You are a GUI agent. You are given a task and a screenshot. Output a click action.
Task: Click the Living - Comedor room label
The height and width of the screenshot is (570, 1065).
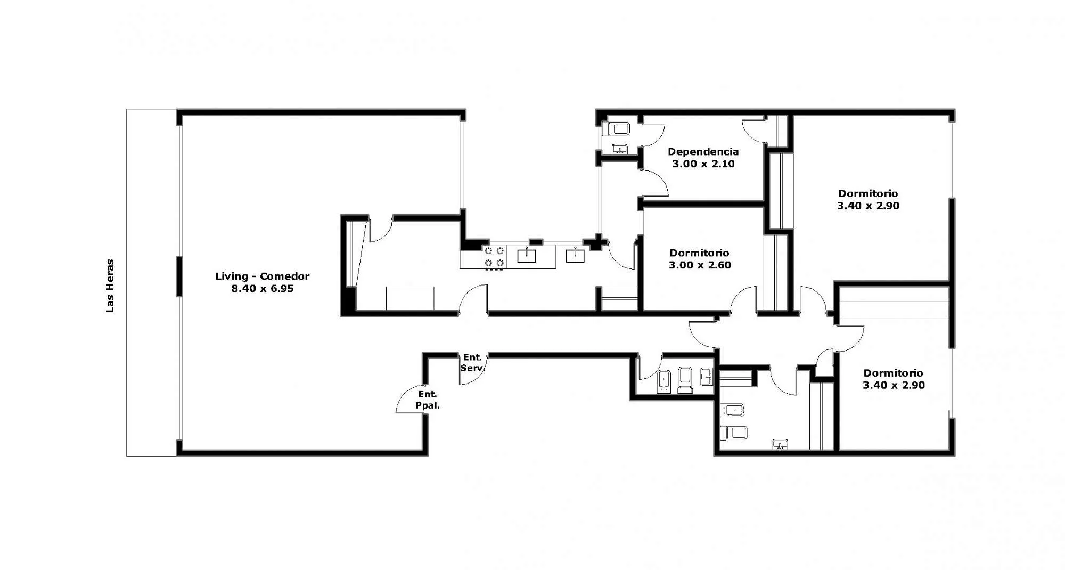(x=262, y=276)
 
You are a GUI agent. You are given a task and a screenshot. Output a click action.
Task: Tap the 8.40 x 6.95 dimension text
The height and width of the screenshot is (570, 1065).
(x=262, y=289)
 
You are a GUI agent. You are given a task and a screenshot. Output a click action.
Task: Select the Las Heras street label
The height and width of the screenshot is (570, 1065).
(x=110, y=286)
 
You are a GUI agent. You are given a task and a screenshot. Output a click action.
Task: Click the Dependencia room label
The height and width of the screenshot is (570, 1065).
(x=703, y=152)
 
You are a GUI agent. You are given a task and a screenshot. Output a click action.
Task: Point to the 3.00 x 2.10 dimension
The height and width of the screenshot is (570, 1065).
(x=703, y=164)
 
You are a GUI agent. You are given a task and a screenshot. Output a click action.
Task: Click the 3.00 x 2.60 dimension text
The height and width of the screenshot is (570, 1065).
(x=700, y=265)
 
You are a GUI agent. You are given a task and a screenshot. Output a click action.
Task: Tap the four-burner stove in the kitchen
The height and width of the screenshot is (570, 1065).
(x=494, y=257)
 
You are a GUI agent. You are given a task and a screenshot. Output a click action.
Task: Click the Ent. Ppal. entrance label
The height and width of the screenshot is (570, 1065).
(x=428, y=400)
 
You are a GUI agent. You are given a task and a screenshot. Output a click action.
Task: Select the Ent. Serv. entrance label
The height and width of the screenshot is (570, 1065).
(x=472, y=362)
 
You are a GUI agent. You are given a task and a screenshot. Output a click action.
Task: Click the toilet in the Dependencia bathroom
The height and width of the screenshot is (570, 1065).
(x=616, y=128)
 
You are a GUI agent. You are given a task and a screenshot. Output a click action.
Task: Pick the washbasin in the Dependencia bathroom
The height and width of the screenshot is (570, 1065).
(x=619, y=149)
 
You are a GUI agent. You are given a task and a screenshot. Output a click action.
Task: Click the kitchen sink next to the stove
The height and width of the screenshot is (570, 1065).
(x=527, y=255)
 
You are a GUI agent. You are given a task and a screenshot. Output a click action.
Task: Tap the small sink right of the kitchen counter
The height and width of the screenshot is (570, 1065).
(x=575, y=255)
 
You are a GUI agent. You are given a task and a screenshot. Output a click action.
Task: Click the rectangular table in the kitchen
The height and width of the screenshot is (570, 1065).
(x=409, y=298)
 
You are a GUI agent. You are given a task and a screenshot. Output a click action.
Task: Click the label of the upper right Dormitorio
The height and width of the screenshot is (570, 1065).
(x=868, y=193)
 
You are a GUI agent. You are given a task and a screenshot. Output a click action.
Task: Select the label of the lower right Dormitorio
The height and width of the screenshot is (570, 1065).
(x=894, y=373)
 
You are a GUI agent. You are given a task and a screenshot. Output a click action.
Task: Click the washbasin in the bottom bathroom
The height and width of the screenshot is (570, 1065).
(x=780, y=444)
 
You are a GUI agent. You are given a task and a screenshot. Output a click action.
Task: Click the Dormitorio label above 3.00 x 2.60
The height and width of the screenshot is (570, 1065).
(x=700, y=253)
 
